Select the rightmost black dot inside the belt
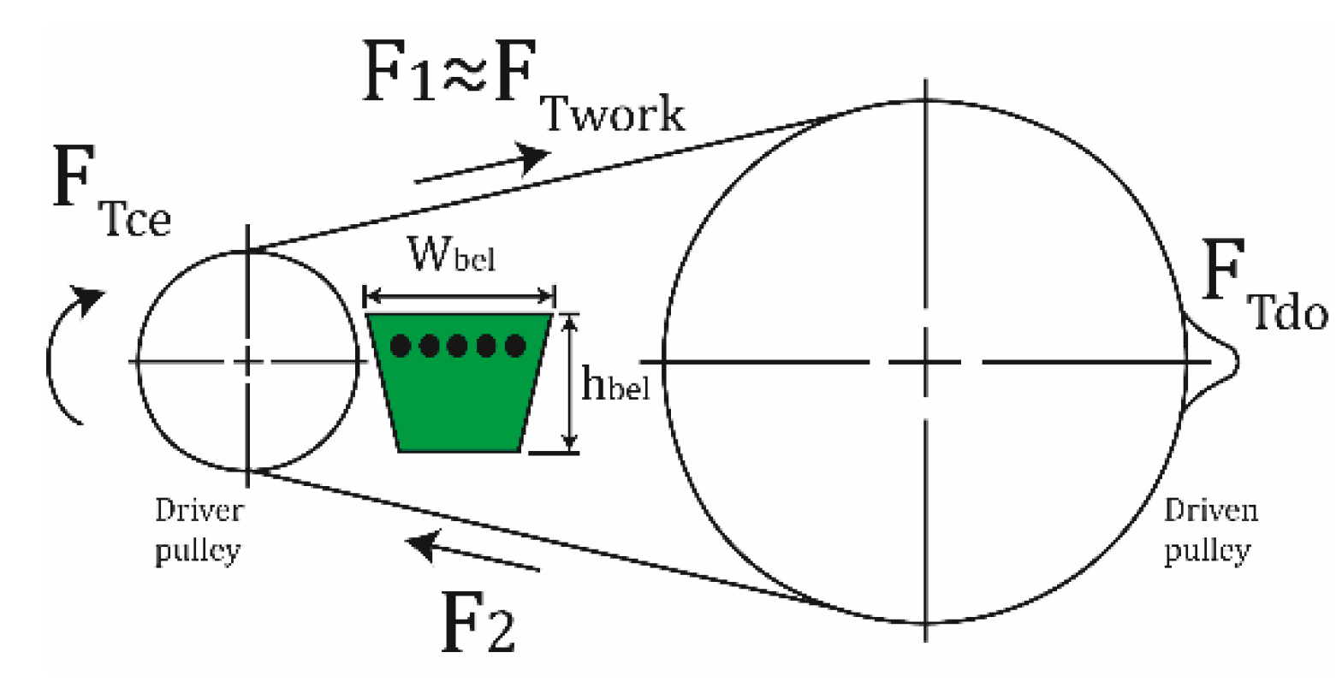515,346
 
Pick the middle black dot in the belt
458,346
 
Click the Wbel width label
451,254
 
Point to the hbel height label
615,386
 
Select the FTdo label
1263,291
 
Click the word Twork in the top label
614,114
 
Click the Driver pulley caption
199,531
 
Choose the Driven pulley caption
1209,531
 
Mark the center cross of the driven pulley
925,362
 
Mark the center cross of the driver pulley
247,362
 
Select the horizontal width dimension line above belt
460,297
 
